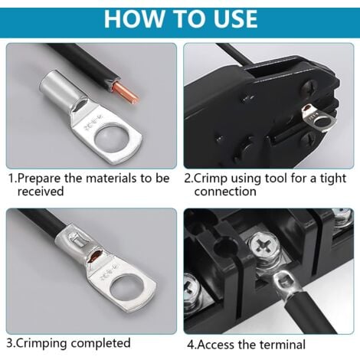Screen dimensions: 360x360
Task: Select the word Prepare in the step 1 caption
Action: (x=38, y=178)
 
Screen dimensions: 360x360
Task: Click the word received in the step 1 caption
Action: (x=41, y=191)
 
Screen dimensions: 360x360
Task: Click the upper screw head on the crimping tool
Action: (x=310, y=88)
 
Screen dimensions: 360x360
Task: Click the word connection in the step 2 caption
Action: (x=225, y=191)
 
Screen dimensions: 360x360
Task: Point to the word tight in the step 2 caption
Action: (x=334, y=178)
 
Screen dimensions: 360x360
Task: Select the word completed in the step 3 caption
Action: (x=100, y=343)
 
